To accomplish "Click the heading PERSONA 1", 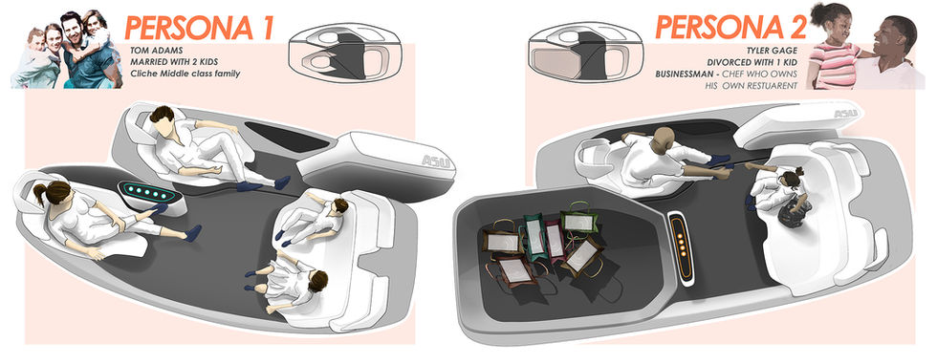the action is (x=199, y=28).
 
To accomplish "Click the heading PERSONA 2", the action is (x=730, y=27).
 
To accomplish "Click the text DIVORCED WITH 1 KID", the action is (x=752, y=62).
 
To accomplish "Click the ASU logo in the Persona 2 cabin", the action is (x=845, y=114).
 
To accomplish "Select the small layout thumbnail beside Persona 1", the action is (x=336, y=53).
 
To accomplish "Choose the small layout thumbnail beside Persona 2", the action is (x=577, y=53).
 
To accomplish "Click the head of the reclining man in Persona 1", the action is (x=163, y=116).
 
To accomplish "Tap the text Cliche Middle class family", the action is (x=185, y=74).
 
